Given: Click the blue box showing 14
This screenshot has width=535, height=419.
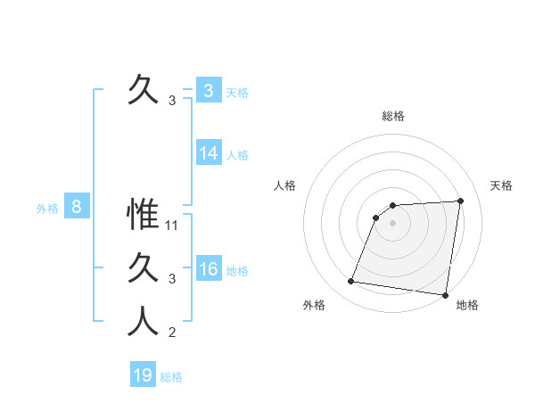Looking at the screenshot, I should pyautogui.click(x=208, y=153).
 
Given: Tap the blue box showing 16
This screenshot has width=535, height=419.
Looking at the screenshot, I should pyautogui.click(x=208, y=269).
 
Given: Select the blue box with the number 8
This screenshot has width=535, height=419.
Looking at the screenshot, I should pyautogui.click(x=77, y=208).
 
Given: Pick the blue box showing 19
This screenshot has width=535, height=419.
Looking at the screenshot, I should pyautogui.click(x=143, y=375).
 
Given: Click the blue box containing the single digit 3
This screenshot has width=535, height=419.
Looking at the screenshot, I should pyautogui.click(x=208, y=91).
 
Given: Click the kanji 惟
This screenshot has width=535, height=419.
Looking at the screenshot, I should pyautogui.click(x=143, y=215).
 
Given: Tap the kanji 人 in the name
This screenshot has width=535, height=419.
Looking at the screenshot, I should pyautogui.click(x=143, y=322).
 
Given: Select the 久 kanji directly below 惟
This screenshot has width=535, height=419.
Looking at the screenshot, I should pyautogui.click(x=143, y=268).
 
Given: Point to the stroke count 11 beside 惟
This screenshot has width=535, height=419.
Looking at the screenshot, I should pyautogui.click(x=173, y=226).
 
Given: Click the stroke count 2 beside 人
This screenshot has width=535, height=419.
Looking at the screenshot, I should pyautogui.click(x=172, y=333).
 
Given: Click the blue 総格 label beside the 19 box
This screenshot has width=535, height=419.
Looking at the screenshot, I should pyautogui.click(x=171, y=377).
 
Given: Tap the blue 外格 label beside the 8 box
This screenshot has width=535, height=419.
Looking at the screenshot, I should pyautogui.click(x=47, y=209).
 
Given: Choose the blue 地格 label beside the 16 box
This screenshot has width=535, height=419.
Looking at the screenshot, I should pyautogui.click(x=238, y=271).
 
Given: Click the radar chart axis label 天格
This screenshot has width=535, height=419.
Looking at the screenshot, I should pyautogui.click(x=501, y=185).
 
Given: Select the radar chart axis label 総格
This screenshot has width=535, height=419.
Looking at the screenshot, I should pyautogui.click(x=392, y=116).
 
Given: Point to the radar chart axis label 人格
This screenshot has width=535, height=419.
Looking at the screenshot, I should pyautogui.click(x=284, y=185).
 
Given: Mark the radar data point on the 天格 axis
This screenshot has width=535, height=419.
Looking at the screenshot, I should pyautogui.click(x=460, y=201).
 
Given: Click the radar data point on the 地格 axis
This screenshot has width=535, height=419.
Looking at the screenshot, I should pyautogui.click(x=445, y=295).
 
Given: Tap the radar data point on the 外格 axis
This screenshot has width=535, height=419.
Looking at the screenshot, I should pyautogui.click(x=351, y=282).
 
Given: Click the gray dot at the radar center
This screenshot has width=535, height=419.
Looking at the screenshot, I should pyautogui.click(x=392, y=224).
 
